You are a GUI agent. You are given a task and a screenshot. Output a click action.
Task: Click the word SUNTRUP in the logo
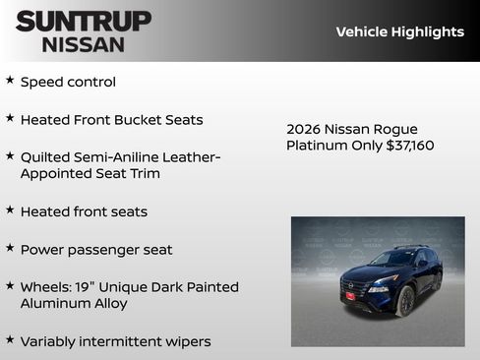click(84, 21)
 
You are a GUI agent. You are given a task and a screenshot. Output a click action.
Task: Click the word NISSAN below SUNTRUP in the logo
click(84, 43)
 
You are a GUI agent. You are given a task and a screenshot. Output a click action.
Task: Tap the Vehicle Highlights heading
click(399, 31)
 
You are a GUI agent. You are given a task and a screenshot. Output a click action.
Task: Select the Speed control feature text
click(68, 82)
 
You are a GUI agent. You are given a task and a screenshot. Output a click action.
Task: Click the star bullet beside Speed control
click(10, 80)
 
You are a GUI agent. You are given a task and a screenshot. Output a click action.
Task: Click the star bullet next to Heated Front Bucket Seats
click(10, 118)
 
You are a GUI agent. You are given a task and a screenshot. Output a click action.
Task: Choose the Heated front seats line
click(84, 211)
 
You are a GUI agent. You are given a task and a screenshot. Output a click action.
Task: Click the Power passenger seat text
click(96, 250)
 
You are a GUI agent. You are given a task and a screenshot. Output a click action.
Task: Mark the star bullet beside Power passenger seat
click(10, 248)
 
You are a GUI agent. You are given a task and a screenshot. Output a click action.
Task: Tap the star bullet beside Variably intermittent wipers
click(10, 339)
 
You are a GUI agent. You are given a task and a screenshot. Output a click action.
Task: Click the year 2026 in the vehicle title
click(304, 129)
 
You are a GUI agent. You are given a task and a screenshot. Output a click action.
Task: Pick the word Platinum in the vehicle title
click(318, 146)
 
